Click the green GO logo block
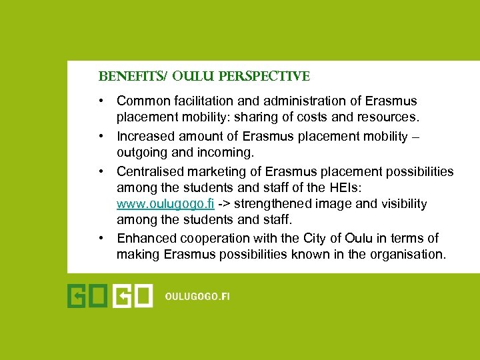[88, 295]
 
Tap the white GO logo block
[133, 295]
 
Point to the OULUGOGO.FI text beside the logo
[197, 296]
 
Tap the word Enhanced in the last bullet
[144, 238]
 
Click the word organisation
[407, 255]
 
